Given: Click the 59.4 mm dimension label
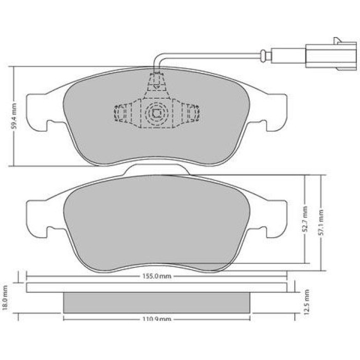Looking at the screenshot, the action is [14, 116].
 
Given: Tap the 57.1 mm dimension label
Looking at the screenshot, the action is [321, 223].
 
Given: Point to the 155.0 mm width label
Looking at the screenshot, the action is [157, 276].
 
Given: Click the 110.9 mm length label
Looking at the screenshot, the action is [157, 319].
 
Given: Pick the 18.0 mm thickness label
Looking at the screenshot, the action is [5, 298].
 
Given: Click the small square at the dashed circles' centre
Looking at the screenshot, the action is [157, 113].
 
